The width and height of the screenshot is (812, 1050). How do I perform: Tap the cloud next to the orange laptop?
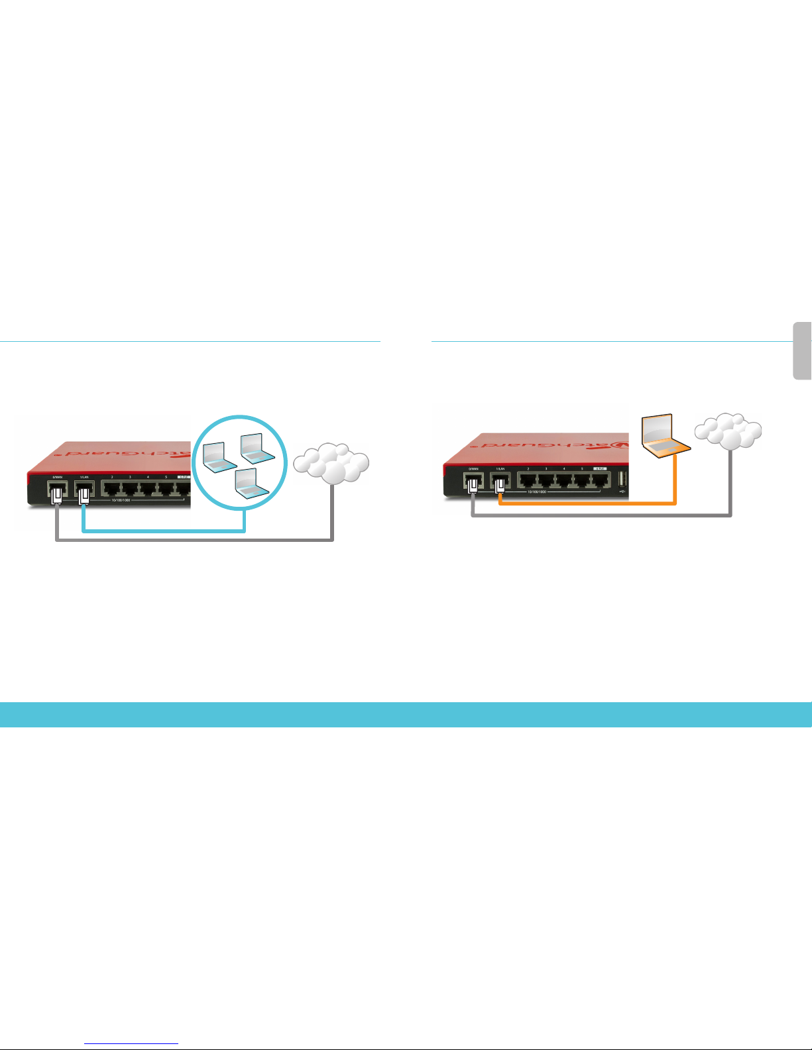(x=728, y=431)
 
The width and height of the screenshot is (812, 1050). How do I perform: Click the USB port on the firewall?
(x=622, y=480)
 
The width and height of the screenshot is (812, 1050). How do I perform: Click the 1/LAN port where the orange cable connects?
(x=500, y=483)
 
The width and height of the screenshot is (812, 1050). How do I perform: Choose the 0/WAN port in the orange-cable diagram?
(x=473, y=483)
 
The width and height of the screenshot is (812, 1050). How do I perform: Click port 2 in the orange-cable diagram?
(x=528, y=481)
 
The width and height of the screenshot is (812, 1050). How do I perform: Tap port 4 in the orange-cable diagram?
(x=564, y=481)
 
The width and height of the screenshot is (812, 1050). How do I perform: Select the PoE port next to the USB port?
(x=600, y=481)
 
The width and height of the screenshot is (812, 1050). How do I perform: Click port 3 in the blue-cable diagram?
(x=131, y=489)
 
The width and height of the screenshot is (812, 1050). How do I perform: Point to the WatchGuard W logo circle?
(x=619, y=443)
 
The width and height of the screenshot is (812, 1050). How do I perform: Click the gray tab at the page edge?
(x=803, y=350)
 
